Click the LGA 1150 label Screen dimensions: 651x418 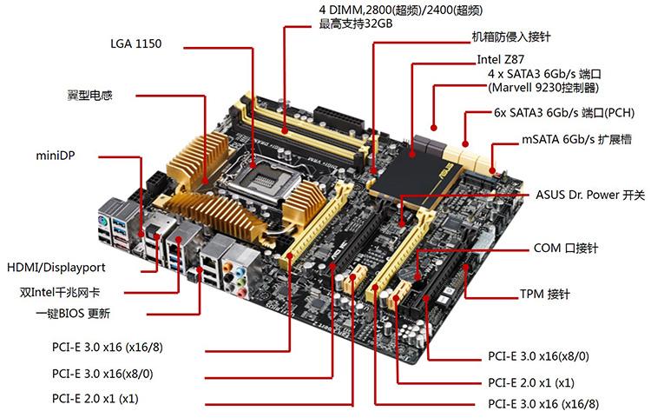135,43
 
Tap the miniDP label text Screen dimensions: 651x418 56,156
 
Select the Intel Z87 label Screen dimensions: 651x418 500,59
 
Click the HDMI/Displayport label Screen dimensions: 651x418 56,267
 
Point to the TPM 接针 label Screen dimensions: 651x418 545,294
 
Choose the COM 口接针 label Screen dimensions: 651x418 565,248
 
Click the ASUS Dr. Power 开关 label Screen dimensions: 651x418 590,195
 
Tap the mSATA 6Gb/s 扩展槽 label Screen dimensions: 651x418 576,139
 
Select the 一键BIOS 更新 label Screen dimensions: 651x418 73,313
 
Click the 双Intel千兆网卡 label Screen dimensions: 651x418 60,292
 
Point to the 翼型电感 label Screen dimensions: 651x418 89,96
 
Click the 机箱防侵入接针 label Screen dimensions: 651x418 511,37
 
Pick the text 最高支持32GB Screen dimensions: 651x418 355,23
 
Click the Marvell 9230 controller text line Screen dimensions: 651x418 543,88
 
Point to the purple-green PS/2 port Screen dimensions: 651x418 103,221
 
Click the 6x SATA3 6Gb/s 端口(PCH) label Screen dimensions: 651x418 564,113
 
